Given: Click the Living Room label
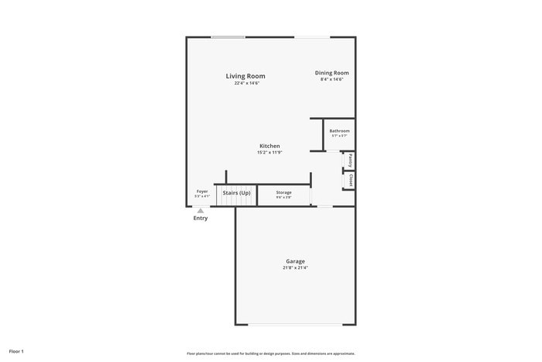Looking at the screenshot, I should [245, 76].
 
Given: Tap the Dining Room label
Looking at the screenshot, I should [331, 73].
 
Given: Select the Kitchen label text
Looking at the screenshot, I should [269, 146].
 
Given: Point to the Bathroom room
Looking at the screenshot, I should [339, 133].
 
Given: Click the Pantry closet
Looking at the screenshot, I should [350, 160].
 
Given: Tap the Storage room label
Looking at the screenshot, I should [283, 192].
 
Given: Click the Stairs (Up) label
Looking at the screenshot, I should [236, 192].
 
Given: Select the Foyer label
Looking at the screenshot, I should [202, 191].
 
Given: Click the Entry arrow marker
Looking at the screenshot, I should [201, 210].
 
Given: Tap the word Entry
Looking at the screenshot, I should [201, 219].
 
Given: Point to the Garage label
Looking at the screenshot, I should [295, 261].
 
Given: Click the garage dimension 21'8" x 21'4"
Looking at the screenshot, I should [295, 268].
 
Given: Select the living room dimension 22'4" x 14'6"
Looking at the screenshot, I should [246, 83].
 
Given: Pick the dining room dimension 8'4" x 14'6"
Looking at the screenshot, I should [331, 79].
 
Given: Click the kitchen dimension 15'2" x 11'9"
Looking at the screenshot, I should [269, 153].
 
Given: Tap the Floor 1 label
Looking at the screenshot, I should [16, 352].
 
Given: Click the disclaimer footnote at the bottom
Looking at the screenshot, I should [271, 353].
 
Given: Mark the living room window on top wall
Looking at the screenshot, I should [228, 36].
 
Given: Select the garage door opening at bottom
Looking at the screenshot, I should [295, 325].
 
